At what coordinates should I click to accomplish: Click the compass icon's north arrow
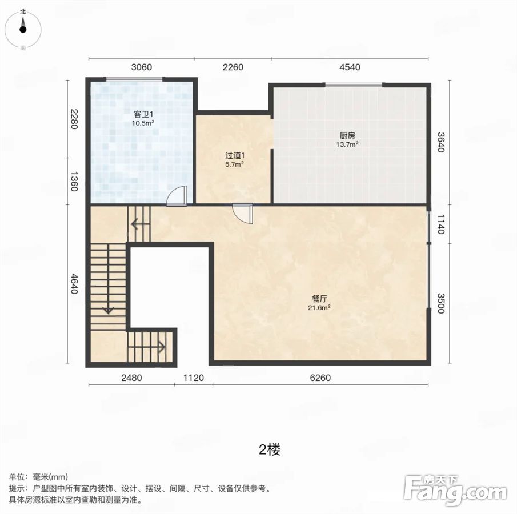[x=23, y=24]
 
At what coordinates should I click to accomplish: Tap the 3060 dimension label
[x=142, y=67]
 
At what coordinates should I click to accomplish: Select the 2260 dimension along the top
[x=233, y=67]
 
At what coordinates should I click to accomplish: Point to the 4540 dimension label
[x=350, y=67]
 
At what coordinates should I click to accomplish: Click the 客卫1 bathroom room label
[x=143, y=114]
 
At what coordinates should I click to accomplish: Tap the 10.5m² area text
[x=143, y=123]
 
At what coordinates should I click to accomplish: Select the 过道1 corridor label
[x=235, y=155]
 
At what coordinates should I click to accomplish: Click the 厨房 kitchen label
[x=347, y=135]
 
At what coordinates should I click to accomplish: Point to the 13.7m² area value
[x=347, y=144]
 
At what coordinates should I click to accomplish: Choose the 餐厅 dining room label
[x=319, y=299]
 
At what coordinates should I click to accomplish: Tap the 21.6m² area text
[x=319, y=308]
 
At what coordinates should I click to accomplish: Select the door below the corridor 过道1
[x=243, y=214]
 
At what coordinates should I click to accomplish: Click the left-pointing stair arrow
[x=140, y=225]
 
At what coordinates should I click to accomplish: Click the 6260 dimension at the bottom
[x=320, y=378]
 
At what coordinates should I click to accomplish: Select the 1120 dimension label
[x=194, y=378]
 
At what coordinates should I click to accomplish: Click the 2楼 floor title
[x=270, y=449]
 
